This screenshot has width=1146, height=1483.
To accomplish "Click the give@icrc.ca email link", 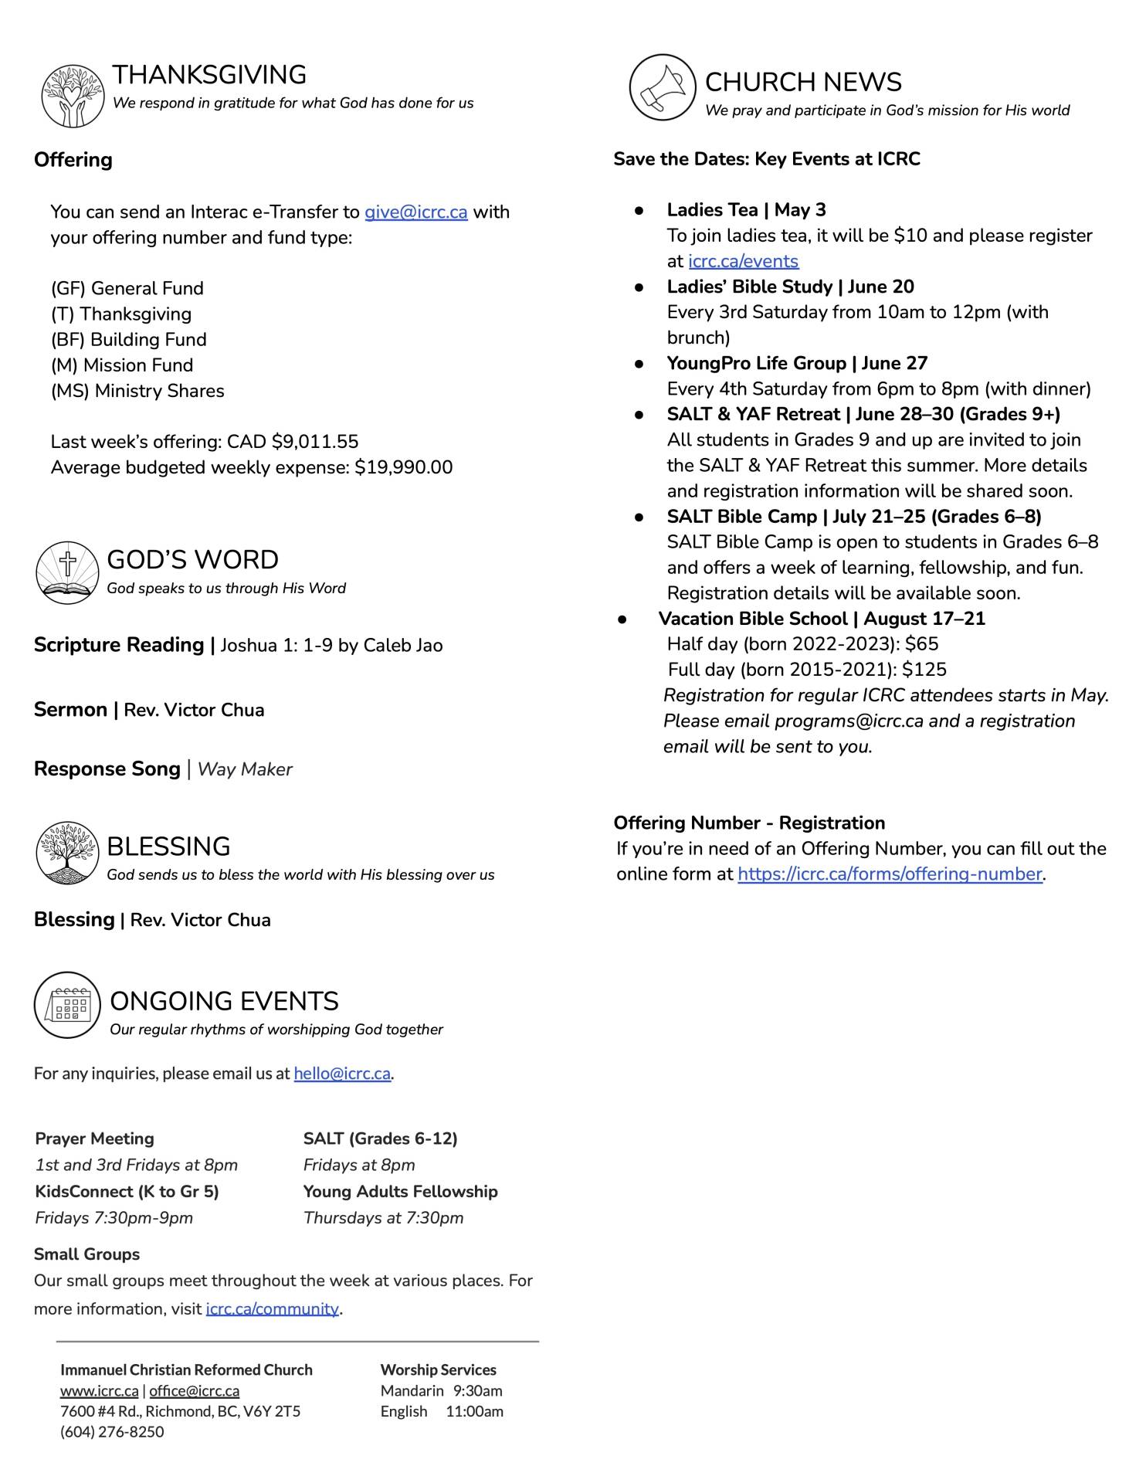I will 415,212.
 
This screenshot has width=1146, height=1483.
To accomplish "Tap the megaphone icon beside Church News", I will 663,87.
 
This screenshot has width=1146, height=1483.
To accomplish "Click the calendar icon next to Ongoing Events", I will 68,1005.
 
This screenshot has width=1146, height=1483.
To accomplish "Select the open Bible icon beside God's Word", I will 68,572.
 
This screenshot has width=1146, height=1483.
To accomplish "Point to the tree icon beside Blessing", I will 68,852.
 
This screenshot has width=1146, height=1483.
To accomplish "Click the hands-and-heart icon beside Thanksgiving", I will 73,96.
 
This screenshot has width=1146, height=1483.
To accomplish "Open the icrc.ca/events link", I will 743,261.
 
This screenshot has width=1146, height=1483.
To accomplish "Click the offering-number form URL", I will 890,874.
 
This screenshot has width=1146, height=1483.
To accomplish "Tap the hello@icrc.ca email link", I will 342,1074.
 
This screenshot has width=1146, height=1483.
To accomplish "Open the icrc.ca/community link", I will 272,1308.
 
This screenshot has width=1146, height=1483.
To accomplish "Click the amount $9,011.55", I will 315,442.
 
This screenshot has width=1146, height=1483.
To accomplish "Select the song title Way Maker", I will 245,769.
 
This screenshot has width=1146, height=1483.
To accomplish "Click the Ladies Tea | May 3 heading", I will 746,210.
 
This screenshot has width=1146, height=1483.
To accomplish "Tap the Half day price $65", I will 922,644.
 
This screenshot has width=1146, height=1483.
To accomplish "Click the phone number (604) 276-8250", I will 112,1431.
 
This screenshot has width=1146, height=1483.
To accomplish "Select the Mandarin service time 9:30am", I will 477,1390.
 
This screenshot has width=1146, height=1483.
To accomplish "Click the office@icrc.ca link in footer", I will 194,1390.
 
